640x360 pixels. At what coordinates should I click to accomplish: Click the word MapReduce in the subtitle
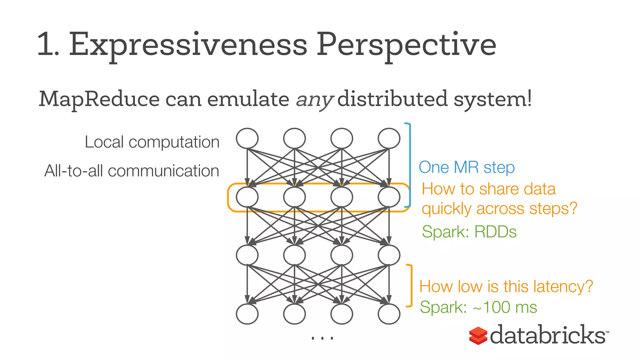pos(99,99)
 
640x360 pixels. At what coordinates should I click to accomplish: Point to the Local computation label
pos(152,142)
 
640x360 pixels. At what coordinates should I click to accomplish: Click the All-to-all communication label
pos(132,171)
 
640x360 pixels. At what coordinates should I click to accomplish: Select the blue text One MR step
pos(467,167)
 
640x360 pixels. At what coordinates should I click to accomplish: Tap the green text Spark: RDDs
pos(469,232)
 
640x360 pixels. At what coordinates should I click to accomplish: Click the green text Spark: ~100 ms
pos(478,307)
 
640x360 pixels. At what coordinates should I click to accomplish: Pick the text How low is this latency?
pos(506,286)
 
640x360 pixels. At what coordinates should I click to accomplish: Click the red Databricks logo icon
pos(478,336)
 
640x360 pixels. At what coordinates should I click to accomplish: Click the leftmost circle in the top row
pos(247,138)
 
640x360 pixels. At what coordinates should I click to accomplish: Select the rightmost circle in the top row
pos(389,138)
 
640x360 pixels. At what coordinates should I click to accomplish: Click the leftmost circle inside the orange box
pos(247,197)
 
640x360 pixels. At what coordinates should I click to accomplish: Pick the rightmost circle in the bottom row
pos(389,314)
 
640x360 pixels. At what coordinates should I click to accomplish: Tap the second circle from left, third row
pos(294,255)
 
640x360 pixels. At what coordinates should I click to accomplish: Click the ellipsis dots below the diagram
pos(322,338)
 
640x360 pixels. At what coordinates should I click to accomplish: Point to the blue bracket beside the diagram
pos(409,165)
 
